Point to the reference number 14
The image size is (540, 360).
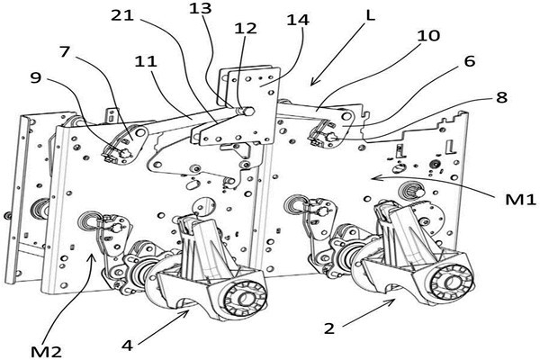click(x=299, y=20)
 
